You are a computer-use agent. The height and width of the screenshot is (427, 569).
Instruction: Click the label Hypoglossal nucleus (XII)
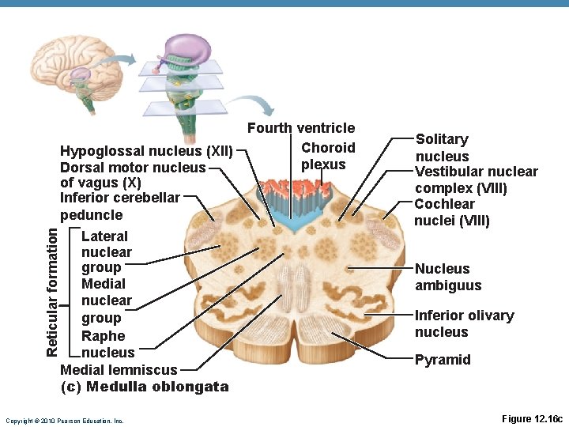pos(146,151)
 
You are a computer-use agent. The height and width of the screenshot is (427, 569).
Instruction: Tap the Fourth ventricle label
pos(301,128)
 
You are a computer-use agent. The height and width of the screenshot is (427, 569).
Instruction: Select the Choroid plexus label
pos(327,156)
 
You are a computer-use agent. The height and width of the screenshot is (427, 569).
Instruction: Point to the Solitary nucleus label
pos(442,148)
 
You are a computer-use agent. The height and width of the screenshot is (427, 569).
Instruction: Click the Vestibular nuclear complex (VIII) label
pos(476,180)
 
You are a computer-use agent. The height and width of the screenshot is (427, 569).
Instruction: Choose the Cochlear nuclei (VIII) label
pos(452,212)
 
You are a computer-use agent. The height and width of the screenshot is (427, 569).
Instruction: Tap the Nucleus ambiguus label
pos(447,278)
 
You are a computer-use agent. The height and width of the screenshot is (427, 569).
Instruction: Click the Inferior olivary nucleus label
pos(464,323)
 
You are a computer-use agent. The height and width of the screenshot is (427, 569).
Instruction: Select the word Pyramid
pos(443,360)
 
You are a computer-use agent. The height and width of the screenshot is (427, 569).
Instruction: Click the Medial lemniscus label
pos(119,369)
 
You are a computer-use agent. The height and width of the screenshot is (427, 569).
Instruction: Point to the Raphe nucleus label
pos(107,344)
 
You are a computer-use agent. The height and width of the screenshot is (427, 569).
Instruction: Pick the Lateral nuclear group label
pos(106,251)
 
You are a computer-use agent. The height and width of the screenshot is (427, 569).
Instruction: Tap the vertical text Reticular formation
pos(52,291)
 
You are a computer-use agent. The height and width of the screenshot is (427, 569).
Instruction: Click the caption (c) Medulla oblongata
pos(145,387)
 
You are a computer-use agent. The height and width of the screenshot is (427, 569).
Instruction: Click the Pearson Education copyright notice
pos(64,421)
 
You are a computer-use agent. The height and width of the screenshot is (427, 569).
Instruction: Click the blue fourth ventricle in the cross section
pos(296,222)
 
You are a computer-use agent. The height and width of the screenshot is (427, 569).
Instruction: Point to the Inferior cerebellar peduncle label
pos(119,206)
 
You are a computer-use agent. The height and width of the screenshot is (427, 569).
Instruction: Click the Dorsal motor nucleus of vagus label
pos(132,175)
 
